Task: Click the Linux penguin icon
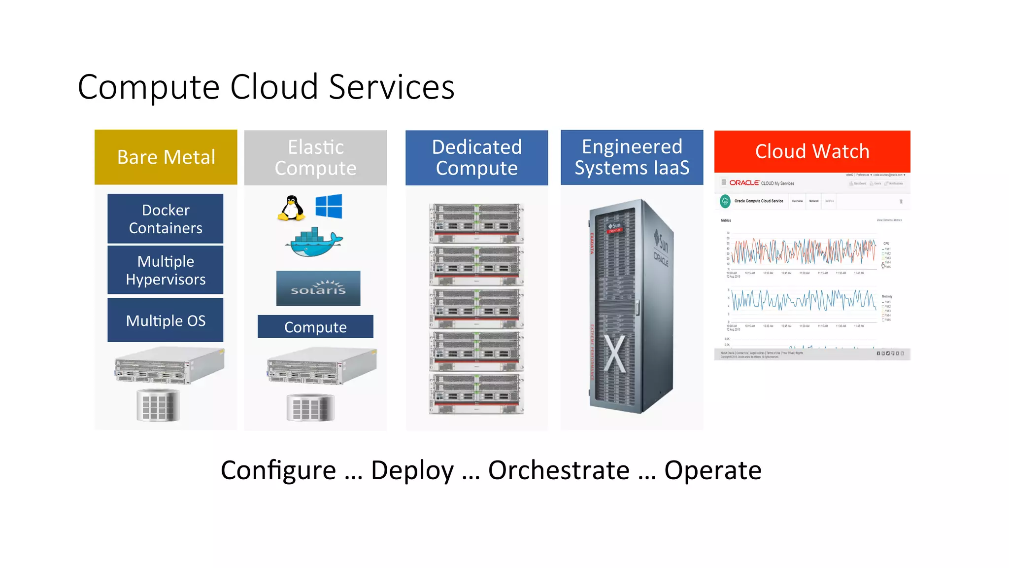click(x=292, y=208)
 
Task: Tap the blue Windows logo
click(x=329, y=206)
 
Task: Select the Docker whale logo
click(x=314, y=242)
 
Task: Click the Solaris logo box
click(x=318, y=288)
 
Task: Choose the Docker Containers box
click(x=166, y=218)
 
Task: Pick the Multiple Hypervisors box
click(x=166, y=270)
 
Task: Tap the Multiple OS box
click(x=166, y=320)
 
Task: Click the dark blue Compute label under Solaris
click(x=315, y=327)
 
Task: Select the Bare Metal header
click(x=166, y=157)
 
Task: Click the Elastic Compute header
click(x=315, y=158)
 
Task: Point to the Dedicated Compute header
click(x=476, y=158)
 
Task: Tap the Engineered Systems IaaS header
click(x=632, y=157)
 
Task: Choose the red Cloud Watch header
click(x=812, y=151)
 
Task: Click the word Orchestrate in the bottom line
click(x=559, y=470)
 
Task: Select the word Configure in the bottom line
click(x=278, y=470)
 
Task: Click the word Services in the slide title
click(x=392, y=87)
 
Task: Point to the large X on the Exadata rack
click(x=614, y=354)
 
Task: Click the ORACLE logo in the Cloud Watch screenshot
click(x=744, y=183)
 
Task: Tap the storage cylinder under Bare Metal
click(x=158, y=405)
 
